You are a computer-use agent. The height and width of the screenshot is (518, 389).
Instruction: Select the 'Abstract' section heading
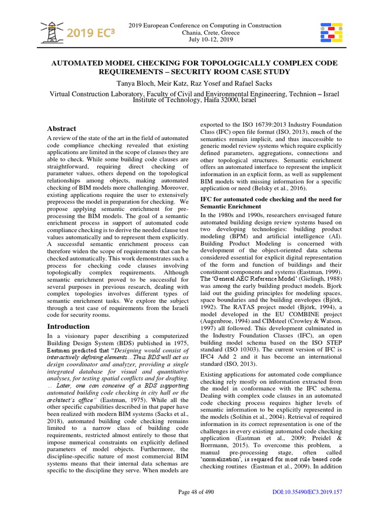(62, 128)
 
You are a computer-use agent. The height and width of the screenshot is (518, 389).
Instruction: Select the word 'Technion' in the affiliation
(297, 94)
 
